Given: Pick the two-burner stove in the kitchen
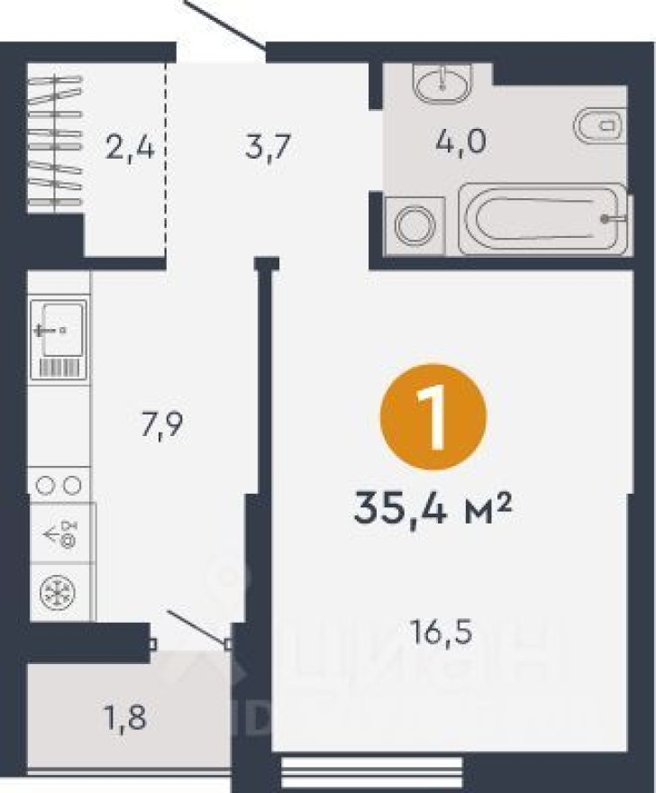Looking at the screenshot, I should (59, 486).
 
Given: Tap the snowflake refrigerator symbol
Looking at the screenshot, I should (59, 592).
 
